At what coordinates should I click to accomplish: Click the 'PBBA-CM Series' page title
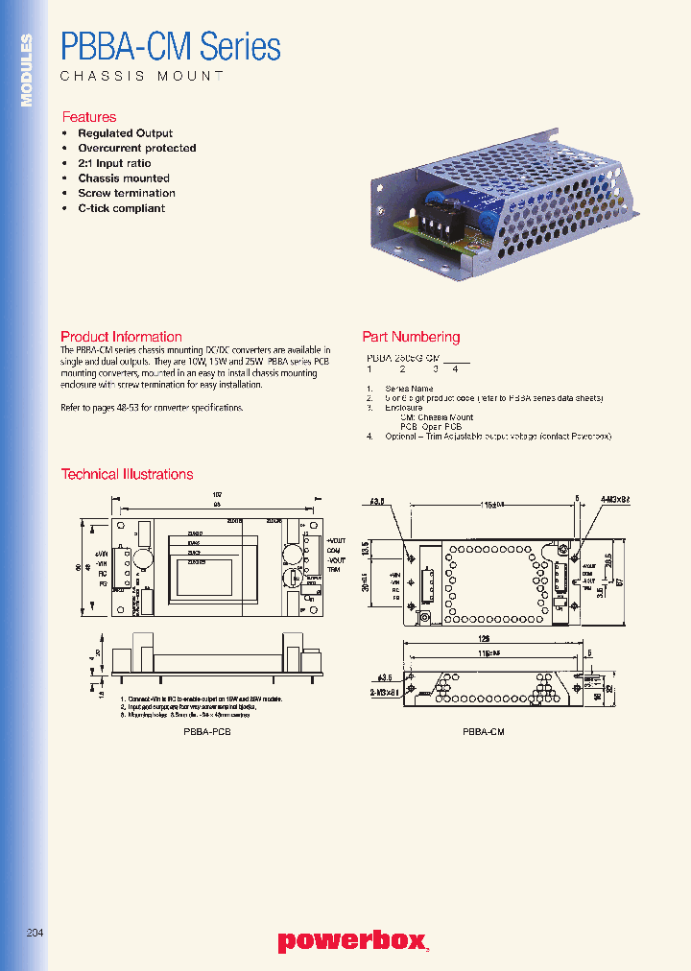[x=170, y=46]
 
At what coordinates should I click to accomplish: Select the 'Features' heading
[x=88, y=117]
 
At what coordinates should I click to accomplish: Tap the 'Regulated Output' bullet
[x=125, y=133]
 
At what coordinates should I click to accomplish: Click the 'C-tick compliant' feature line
[x=121, y=208]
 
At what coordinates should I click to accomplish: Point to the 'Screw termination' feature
[x=126, y=193]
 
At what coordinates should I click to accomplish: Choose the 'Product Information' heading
[x=121, y=337]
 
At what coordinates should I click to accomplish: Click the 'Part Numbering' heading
[x=411, y=337]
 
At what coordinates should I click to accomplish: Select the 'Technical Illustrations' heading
[x=127, y=474]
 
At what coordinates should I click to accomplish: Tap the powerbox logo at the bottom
[x=353, y=941]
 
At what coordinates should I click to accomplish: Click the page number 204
[x=35, y=933]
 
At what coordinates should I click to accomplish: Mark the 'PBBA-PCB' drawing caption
[x=206, y=731]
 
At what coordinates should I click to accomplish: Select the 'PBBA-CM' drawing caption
[x=483, y=731]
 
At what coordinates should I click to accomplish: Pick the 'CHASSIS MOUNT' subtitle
[x=142, y=76]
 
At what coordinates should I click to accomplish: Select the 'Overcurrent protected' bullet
[x=136, y=149]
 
